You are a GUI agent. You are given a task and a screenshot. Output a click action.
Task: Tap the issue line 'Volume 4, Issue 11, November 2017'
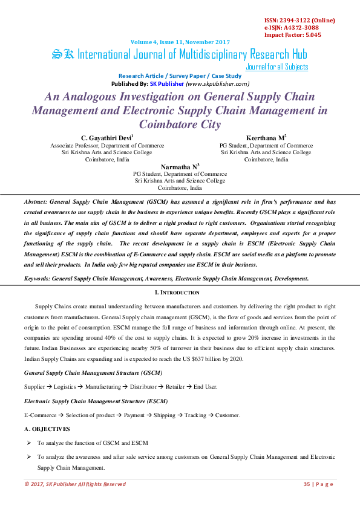180,42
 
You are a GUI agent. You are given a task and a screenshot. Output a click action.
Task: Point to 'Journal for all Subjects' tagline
277,67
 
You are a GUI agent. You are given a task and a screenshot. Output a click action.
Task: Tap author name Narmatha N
178,166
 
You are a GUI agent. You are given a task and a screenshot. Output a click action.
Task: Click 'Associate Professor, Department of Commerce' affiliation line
107,146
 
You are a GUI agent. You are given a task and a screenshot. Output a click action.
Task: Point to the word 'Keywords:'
37,278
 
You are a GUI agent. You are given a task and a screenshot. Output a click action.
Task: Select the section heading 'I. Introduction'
180,293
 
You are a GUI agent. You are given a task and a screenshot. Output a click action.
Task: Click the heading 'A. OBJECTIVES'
47,429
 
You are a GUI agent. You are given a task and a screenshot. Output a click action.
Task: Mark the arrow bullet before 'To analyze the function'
29,443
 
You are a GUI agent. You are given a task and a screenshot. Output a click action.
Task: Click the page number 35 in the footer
307,484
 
